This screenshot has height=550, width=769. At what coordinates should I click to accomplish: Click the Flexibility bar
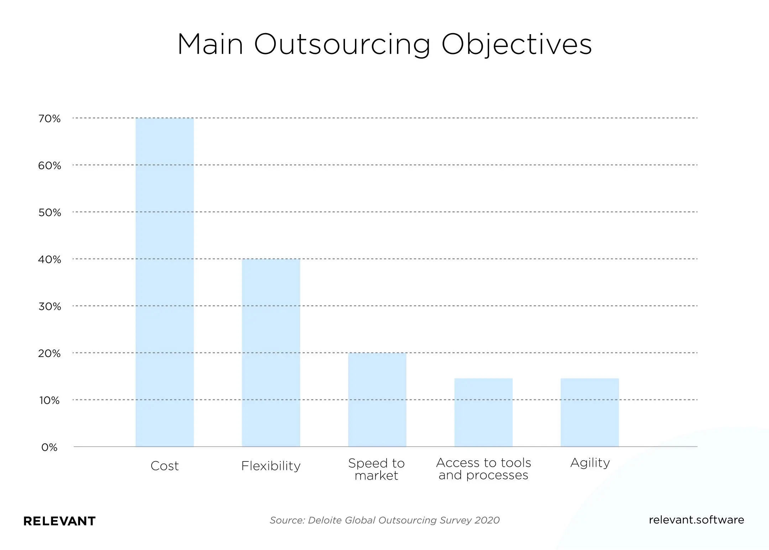[271, 352]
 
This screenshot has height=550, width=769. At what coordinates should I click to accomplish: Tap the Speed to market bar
[377, 399]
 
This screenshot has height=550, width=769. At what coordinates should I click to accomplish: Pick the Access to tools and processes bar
[483, 412]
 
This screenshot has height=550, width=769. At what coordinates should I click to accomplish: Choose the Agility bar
[590, 412]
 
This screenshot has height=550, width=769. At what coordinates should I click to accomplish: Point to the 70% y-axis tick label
[49, 118]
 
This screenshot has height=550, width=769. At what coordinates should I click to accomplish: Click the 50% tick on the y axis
[49, 212]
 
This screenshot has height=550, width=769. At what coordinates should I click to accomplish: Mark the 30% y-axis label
[49, 306]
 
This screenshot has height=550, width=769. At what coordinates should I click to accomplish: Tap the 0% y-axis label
[49, 447]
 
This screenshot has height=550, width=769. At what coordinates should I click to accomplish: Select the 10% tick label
[49, 400]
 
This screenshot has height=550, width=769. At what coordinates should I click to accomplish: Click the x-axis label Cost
[164, 466]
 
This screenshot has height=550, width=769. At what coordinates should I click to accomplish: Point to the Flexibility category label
[271, 466]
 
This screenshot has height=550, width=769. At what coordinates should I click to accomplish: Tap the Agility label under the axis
[590, 462]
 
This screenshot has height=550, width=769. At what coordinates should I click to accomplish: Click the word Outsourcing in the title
[342, 44]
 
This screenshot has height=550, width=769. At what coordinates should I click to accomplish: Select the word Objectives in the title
[517, 44]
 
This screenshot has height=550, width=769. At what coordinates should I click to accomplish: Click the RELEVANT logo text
[59, 521]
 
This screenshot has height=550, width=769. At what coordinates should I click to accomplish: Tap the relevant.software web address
[696, 520]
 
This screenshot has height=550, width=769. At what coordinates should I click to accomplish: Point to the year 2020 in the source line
[487, 520]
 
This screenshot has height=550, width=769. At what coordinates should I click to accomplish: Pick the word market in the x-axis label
[376, 475]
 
